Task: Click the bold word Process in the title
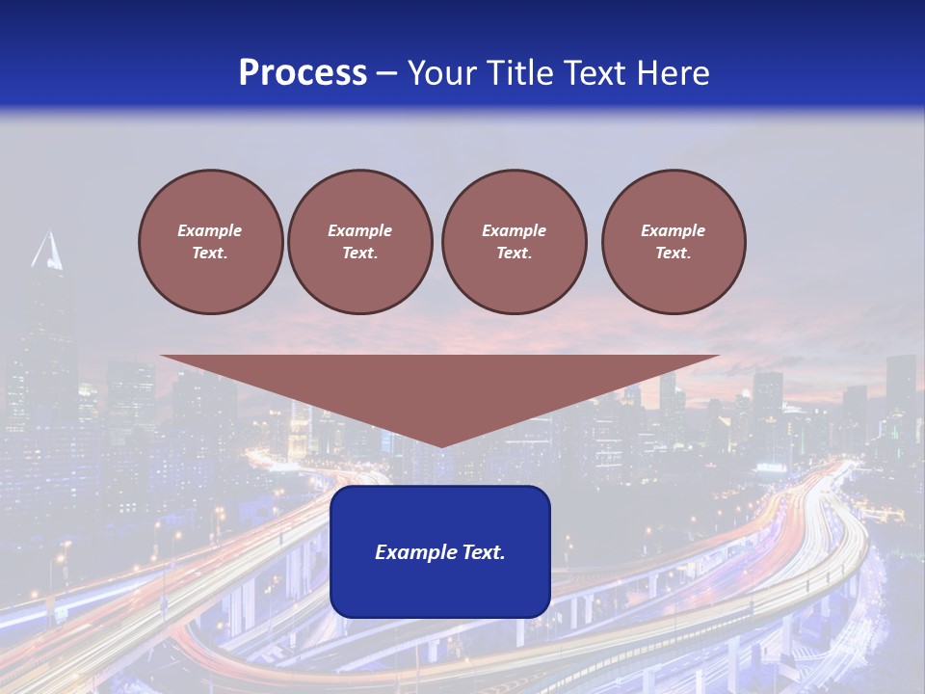point(303,72)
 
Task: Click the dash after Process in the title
point(387,74)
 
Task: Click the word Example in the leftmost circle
point(210,230)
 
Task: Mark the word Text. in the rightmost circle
point(674,253)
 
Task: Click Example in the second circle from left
point(359,230)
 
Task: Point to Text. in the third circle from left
point(514,253)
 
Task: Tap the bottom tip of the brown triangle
point(440,444)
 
